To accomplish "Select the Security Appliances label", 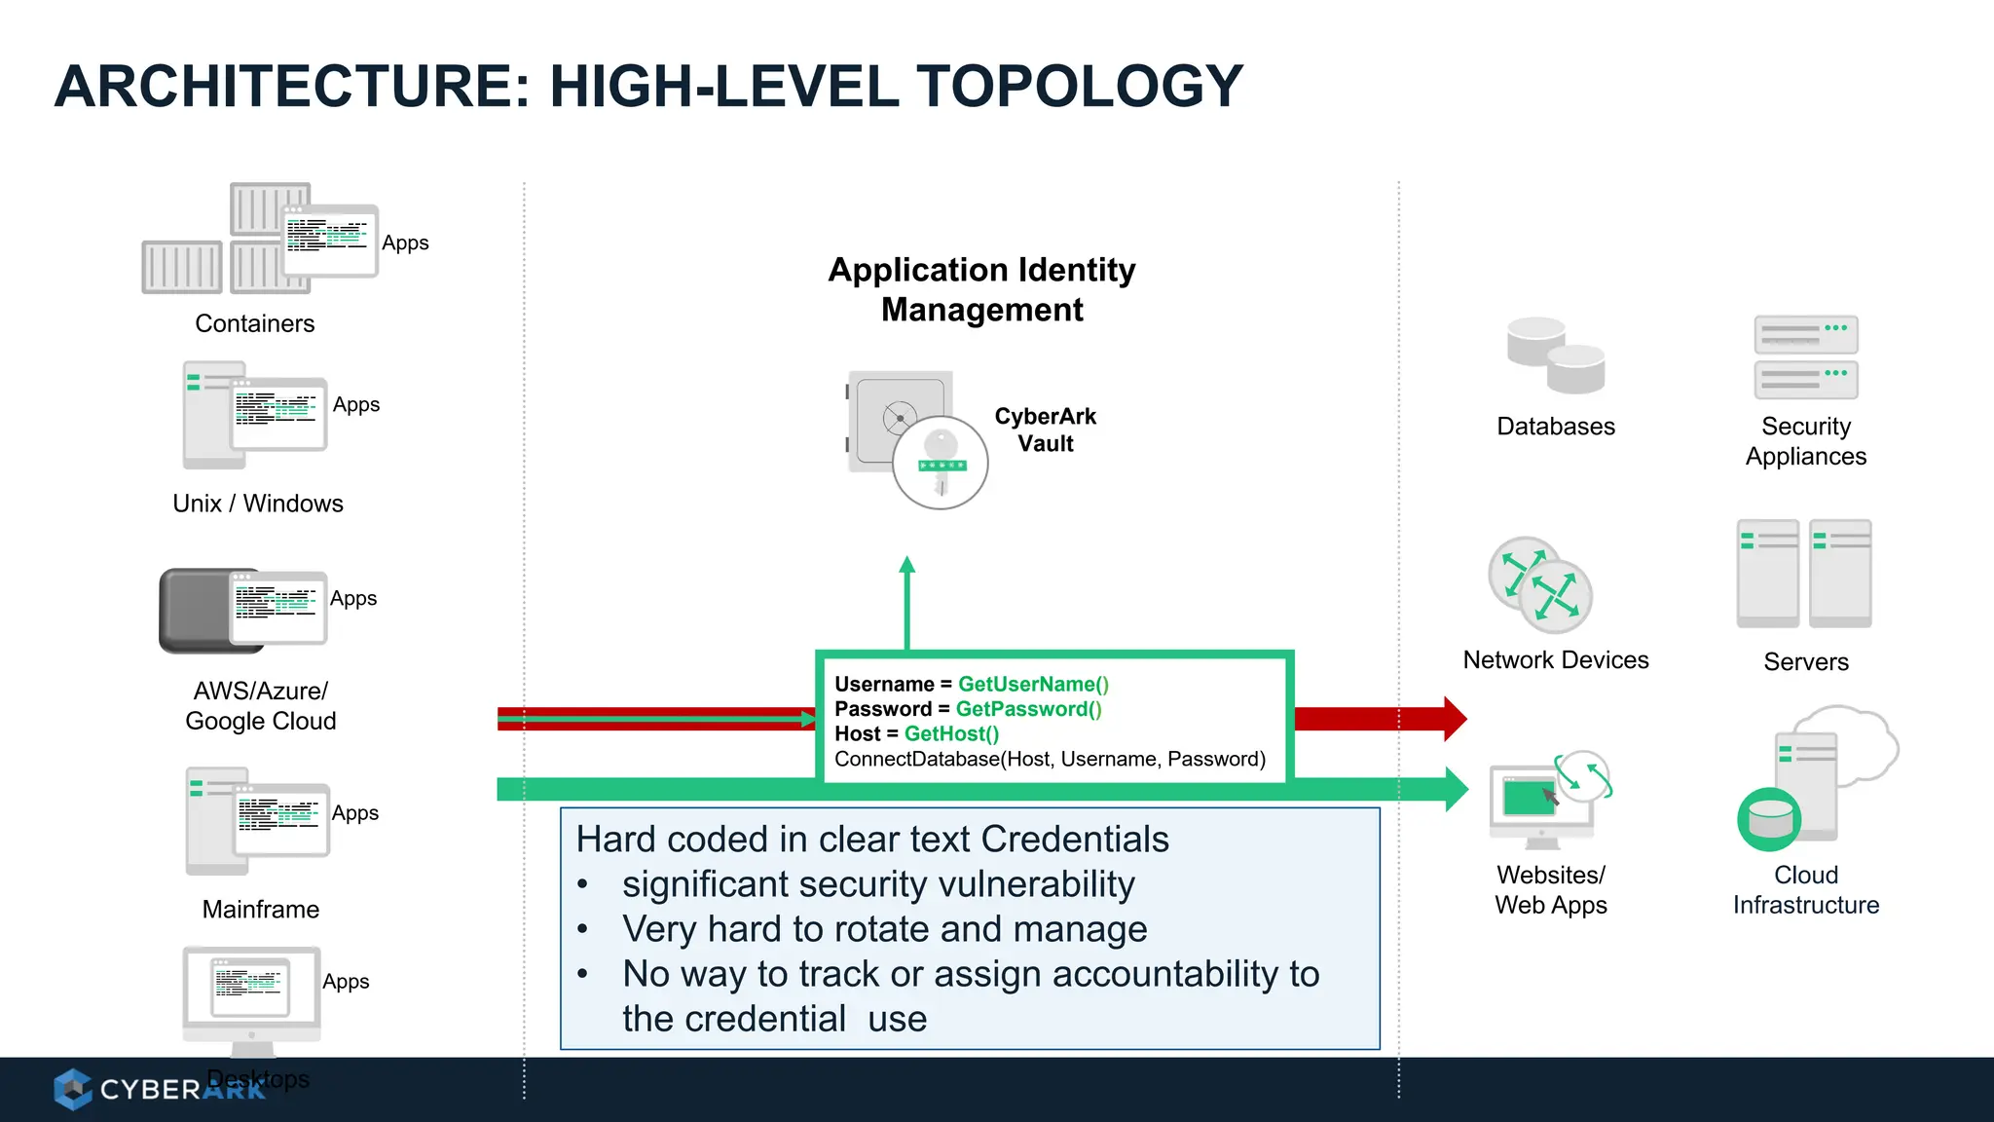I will (1805, 441).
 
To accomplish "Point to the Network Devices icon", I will (1540, 584).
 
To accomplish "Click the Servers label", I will (1805, 662).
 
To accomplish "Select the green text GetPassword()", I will (1028, 709).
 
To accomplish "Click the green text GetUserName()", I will (1033, 685).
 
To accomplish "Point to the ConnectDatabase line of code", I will (1050, 759).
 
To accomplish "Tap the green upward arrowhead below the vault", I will (907, 565).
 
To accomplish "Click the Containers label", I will (254, 323).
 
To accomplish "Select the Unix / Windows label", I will (258, 504).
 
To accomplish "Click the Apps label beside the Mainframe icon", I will (354, 813).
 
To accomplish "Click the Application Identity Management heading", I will (981, 289).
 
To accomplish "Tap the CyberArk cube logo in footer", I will (72, 1089).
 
